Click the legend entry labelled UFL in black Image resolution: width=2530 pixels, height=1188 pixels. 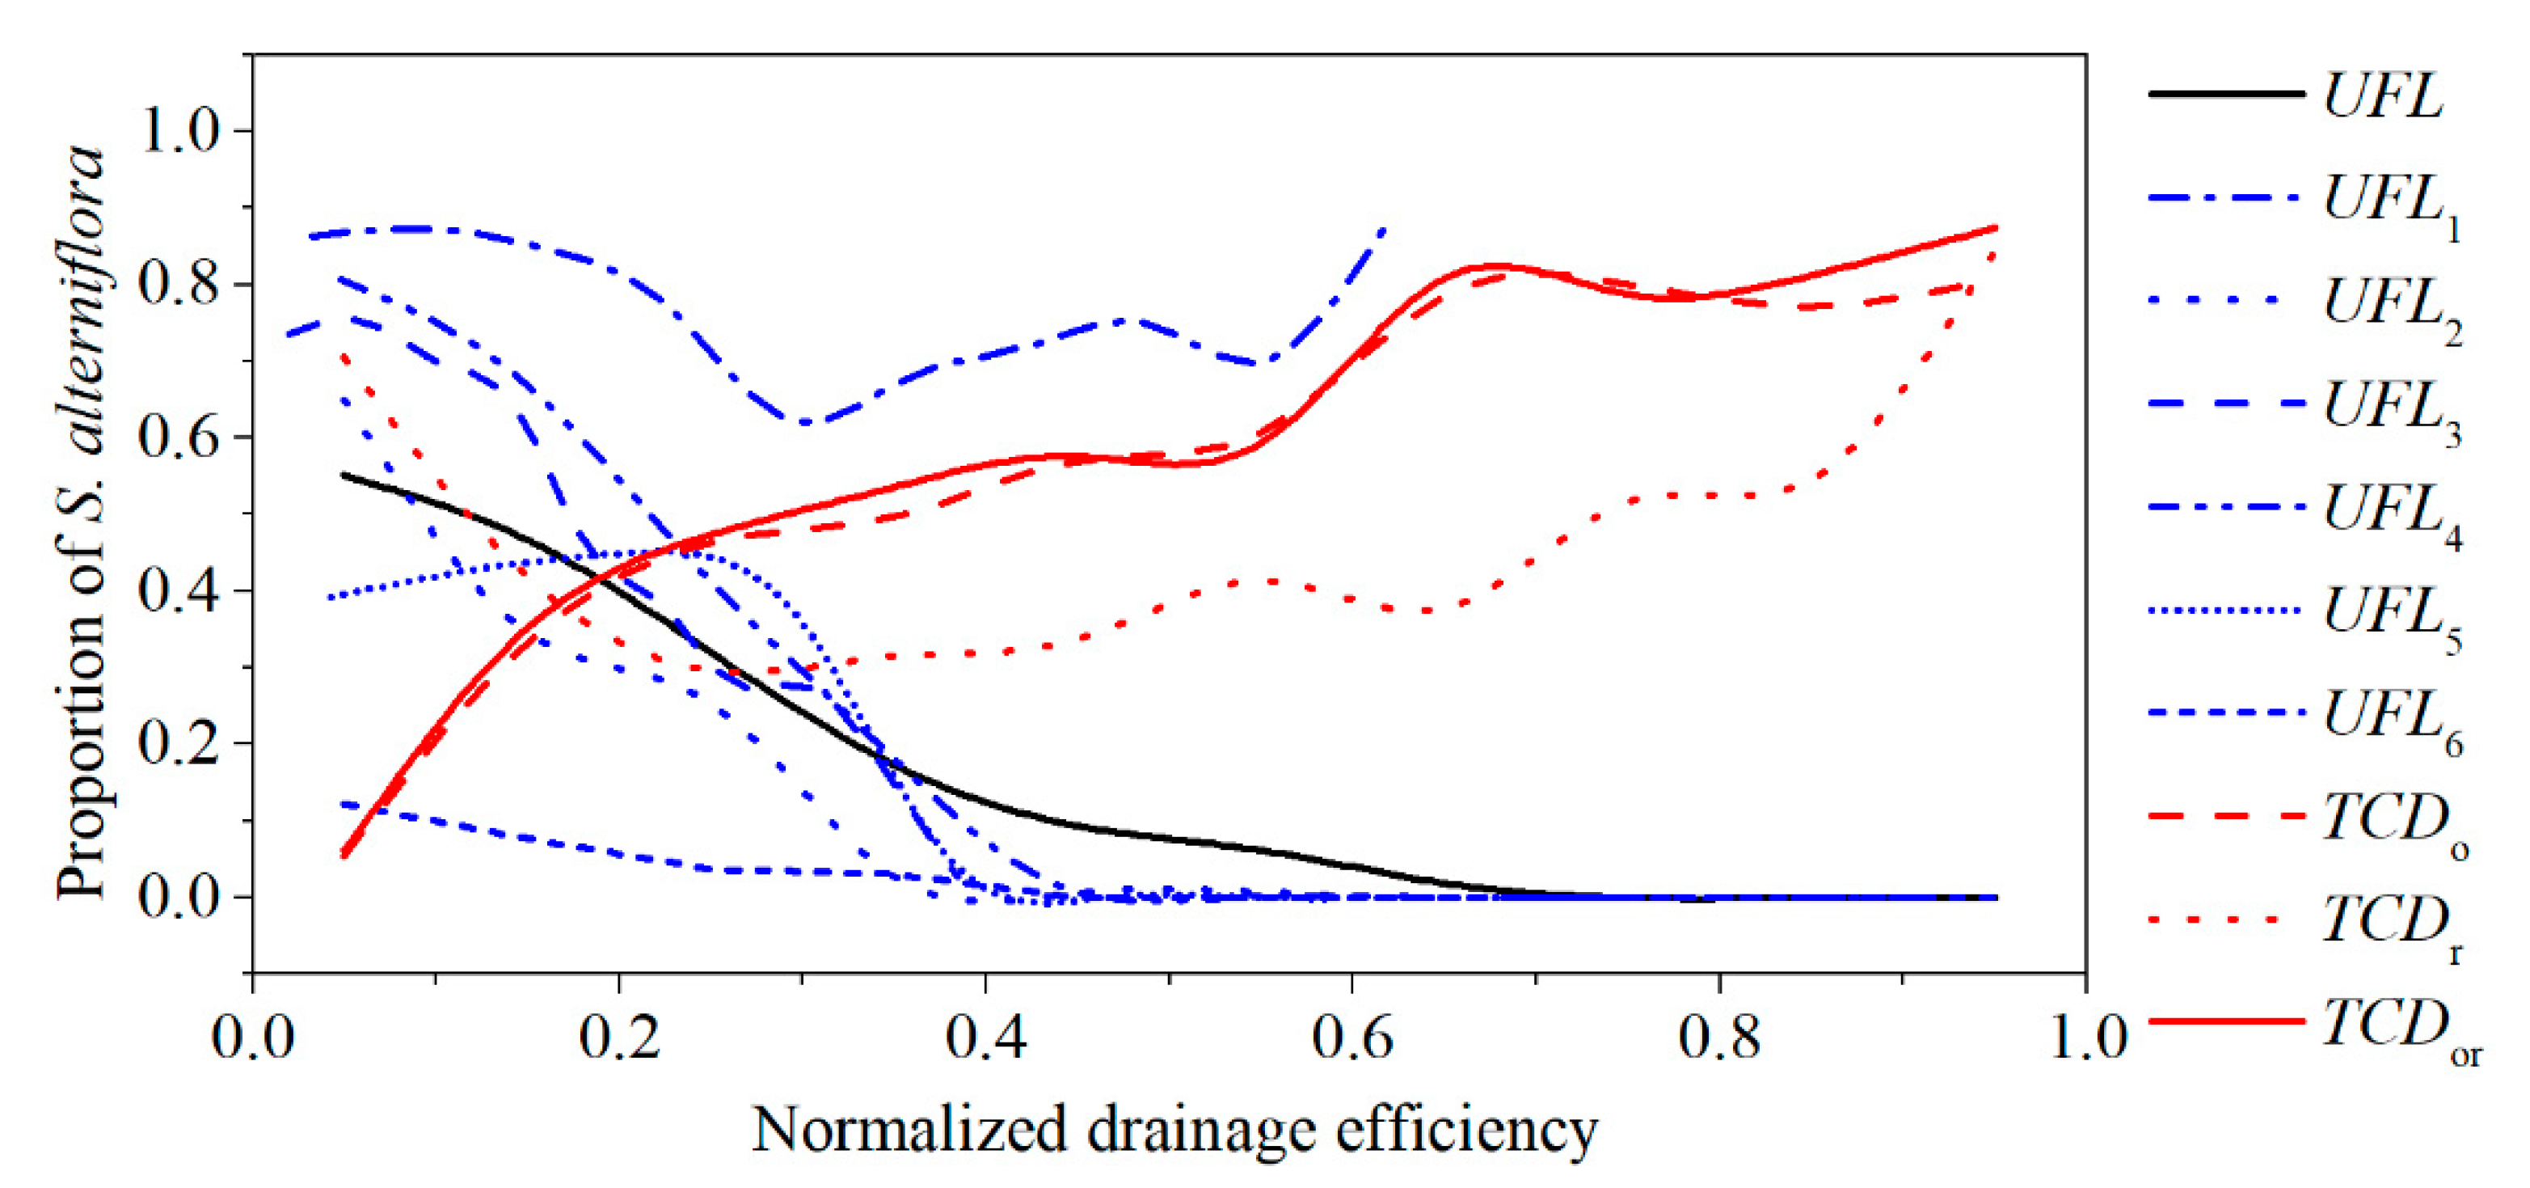[2383, 95]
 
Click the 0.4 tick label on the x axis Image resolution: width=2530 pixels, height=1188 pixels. [985, 1038]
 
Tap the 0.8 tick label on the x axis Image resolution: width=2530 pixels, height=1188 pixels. [1718, 1038]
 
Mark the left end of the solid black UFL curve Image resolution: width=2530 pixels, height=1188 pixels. [343, 475]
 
